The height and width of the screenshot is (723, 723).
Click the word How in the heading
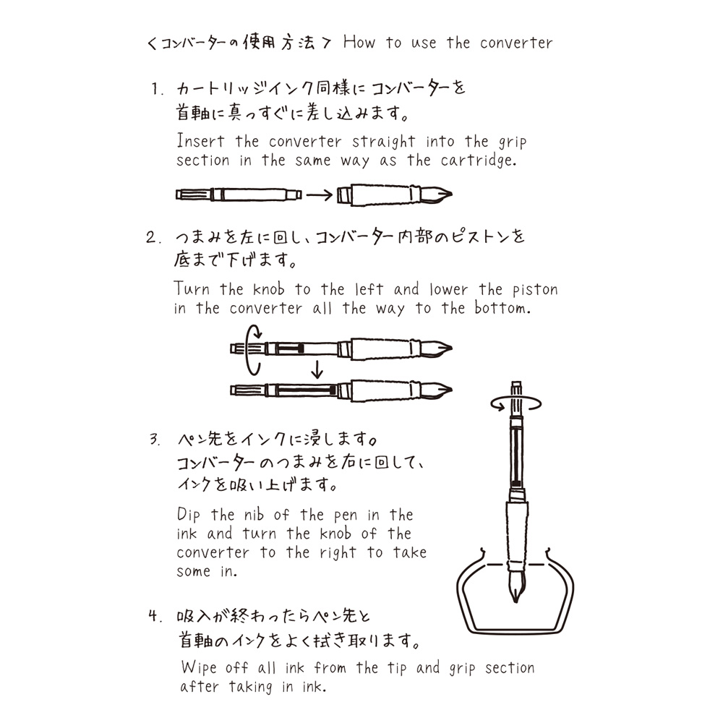(359, 43)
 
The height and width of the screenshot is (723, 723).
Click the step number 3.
(155, 440)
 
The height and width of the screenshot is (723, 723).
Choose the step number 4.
(153, 617)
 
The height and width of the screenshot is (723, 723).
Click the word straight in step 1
(384, 142)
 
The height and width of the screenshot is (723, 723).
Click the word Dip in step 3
(191, 515)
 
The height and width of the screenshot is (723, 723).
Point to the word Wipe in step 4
(199, 667)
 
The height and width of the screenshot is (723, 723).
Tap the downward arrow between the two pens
(315, 371)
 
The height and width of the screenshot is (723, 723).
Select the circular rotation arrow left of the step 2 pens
(252, 350)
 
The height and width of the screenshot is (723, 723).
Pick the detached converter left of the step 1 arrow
(239, 194)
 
